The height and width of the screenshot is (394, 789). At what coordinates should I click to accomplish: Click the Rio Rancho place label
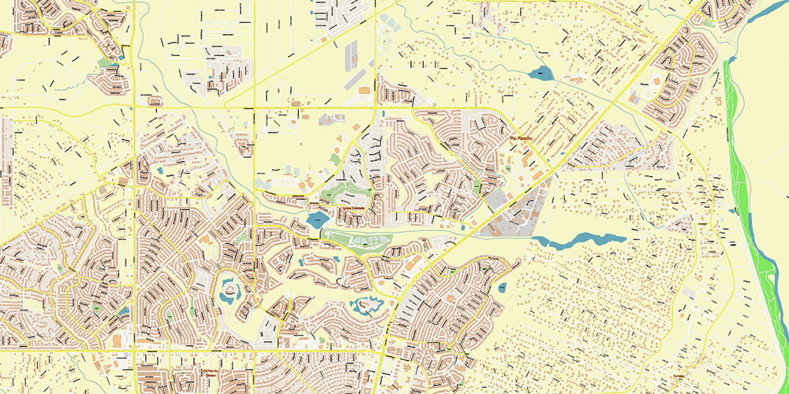pos(523,139)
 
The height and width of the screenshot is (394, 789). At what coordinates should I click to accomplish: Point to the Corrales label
pos(676,375)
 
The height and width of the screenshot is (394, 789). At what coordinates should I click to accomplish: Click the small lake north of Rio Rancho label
pos(540,74)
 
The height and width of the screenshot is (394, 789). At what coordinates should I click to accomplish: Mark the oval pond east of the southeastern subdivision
pos(502,287)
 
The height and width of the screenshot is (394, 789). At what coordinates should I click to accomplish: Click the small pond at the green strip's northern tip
pos(730,60)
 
